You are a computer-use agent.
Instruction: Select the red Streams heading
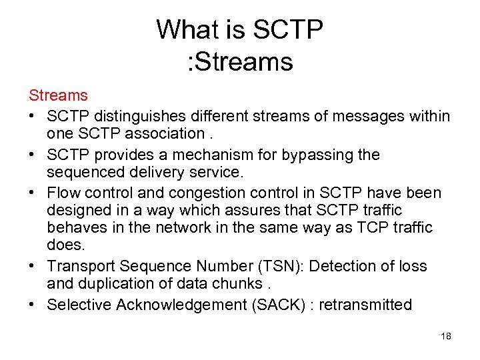57,97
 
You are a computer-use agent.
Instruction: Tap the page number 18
446,336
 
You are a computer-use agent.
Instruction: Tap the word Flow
63,193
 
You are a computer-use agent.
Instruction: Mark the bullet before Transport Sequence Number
33,267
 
